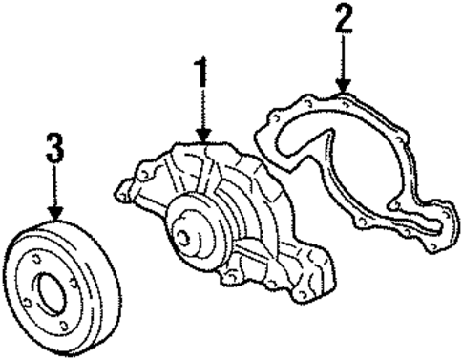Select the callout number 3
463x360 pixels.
click(x=54, y=147)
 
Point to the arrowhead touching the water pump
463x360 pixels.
click(x=202, y=136)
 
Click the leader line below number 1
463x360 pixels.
click(x=202, y=110)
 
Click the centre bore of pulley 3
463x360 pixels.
click(x=51, y=288)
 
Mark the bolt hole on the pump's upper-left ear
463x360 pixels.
click(x=142, y=176)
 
